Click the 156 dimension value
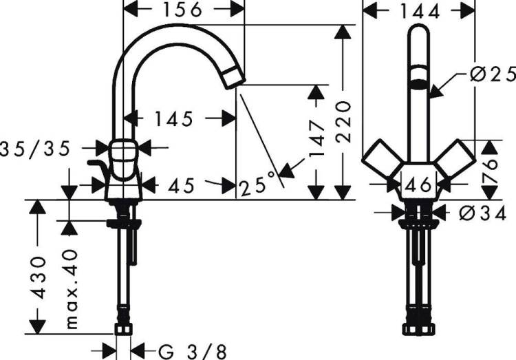pyautogui.click(x=182, y=10)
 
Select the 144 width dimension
pyautogui.click(x=420, y=12)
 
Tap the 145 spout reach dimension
pyautogui.click(x=173, y=119)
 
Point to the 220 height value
pyautogui.click(x=343, y=122)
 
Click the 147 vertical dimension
pyautogui.click(x=316, y=138)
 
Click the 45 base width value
pyautogui.click(x=182, y=187)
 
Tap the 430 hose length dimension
pyautogui.click(x=38, y=277)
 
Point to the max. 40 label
pyautogui.click(x=72, y=289)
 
